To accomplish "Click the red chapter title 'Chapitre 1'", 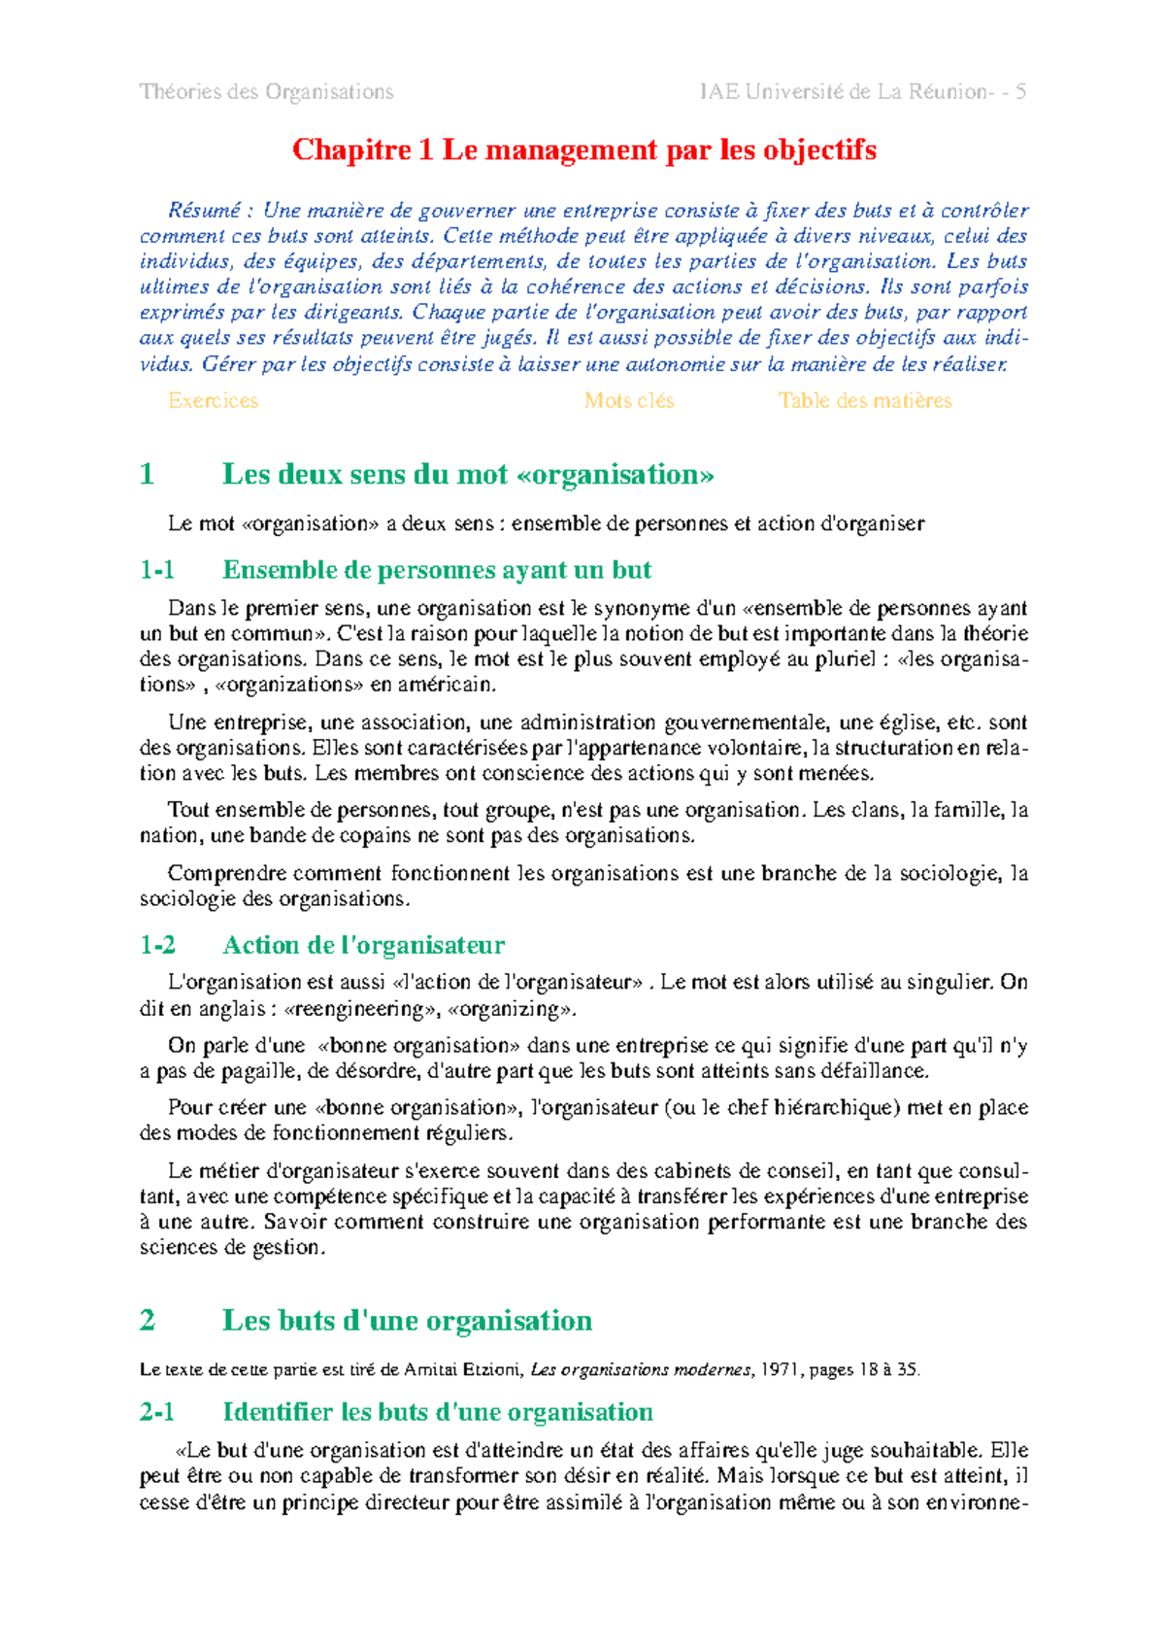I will point(363,151).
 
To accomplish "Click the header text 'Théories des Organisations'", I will point(266,92).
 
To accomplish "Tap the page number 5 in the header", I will point(1020,92).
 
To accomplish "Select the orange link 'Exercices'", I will point(213,401).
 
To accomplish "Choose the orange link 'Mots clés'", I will point(628,401).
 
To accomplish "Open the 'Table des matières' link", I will point(864,401).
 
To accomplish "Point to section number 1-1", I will point(156,570).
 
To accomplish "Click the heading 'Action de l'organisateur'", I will point(363,945).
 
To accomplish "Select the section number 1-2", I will point(157,945).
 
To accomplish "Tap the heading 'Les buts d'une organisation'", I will point(407,1321).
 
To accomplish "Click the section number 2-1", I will point(157,1412).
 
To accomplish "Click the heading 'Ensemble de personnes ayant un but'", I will point(437,570).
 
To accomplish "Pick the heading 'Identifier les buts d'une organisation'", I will point(437,1412).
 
